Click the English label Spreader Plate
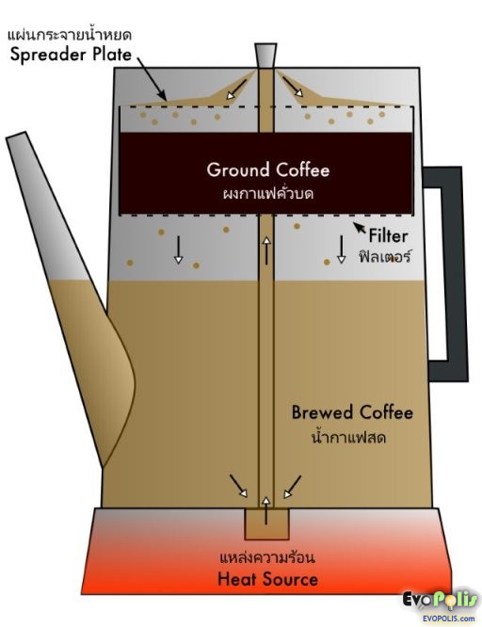tap(71, 55)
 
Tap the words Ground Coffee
tap(268, 169)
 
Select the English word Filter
tap(388, 236)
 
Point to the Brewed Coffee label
tap(352, 412)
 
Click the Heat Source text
tap(267, 579)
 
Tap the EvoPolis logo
tap(440, 604)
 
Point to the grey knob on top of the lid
tap(265, 56)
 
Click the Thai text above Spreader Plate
tap(70, 35)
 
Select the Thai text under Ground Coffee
tap(267, 194)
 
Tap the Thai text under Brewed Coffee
tap(348, 437)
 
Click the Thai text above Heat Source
tap(267, 557)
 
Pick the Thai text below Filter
tap(385, 256)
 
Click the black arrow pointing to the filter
tap(360, 228)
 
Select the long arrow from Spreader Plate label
tap(152, 78)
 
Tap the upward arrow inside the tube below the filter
tap(266, 250)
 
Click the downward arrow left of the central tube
tap(179, 249)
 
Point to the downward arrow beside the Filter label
tap(341, 249)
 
